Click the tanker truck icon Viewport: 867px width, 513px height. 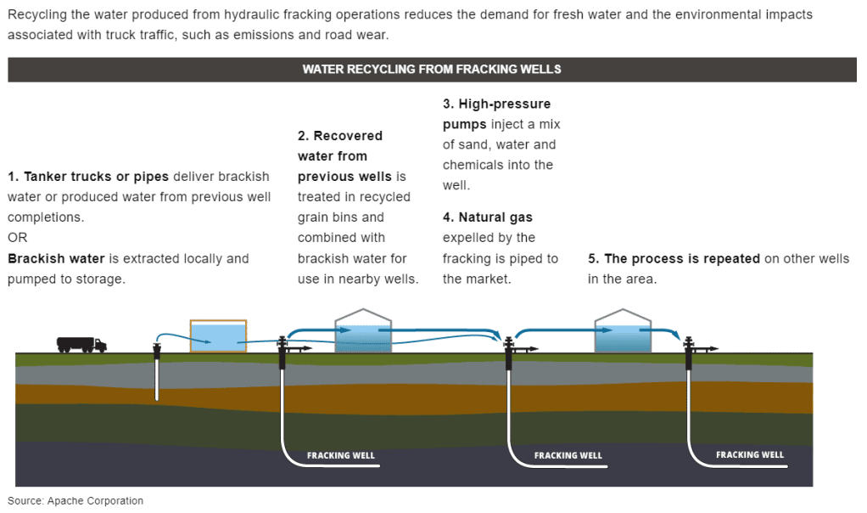pyautogui.click(x=81, y=344)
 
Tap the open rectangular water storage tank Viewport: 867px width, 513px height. pyautogui.click(x=218, y=335)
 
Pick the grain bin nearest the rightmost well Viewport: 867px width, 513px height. pyautogui.click(x=623, y=333)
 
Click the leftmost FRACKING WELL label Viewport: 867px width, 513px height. pyautogui.click(x=340, y=455)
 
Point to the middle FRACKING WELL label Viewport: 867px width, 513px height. pyautogui.click(x=568, y=455)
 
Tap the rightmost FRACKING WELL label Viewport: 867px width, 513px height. pyautogui.click(x=750, y=454)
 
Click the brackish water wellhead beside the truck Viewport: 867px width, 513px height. pyautogui.click(x=157, y=348)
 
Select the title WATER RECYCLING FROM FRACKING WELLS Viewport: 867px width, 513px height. pyautogui.click(x=432, y=69)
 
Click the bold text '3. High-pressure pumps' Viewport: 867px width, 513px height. pyautogui.click(x=496, y=114)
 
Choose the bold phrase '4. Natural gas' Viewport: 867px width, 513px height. pyautogui.click(x=488, y=217)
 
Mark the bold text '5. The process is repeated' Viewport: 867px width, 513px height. pyautogui.click(x=674, y=258)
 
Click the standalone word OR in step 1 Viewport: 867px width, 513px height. pyautogui.click(x=17, y=238)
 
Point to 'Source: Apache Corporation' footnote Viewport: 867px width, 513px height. pyautogui.click(x=76, y=501)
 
